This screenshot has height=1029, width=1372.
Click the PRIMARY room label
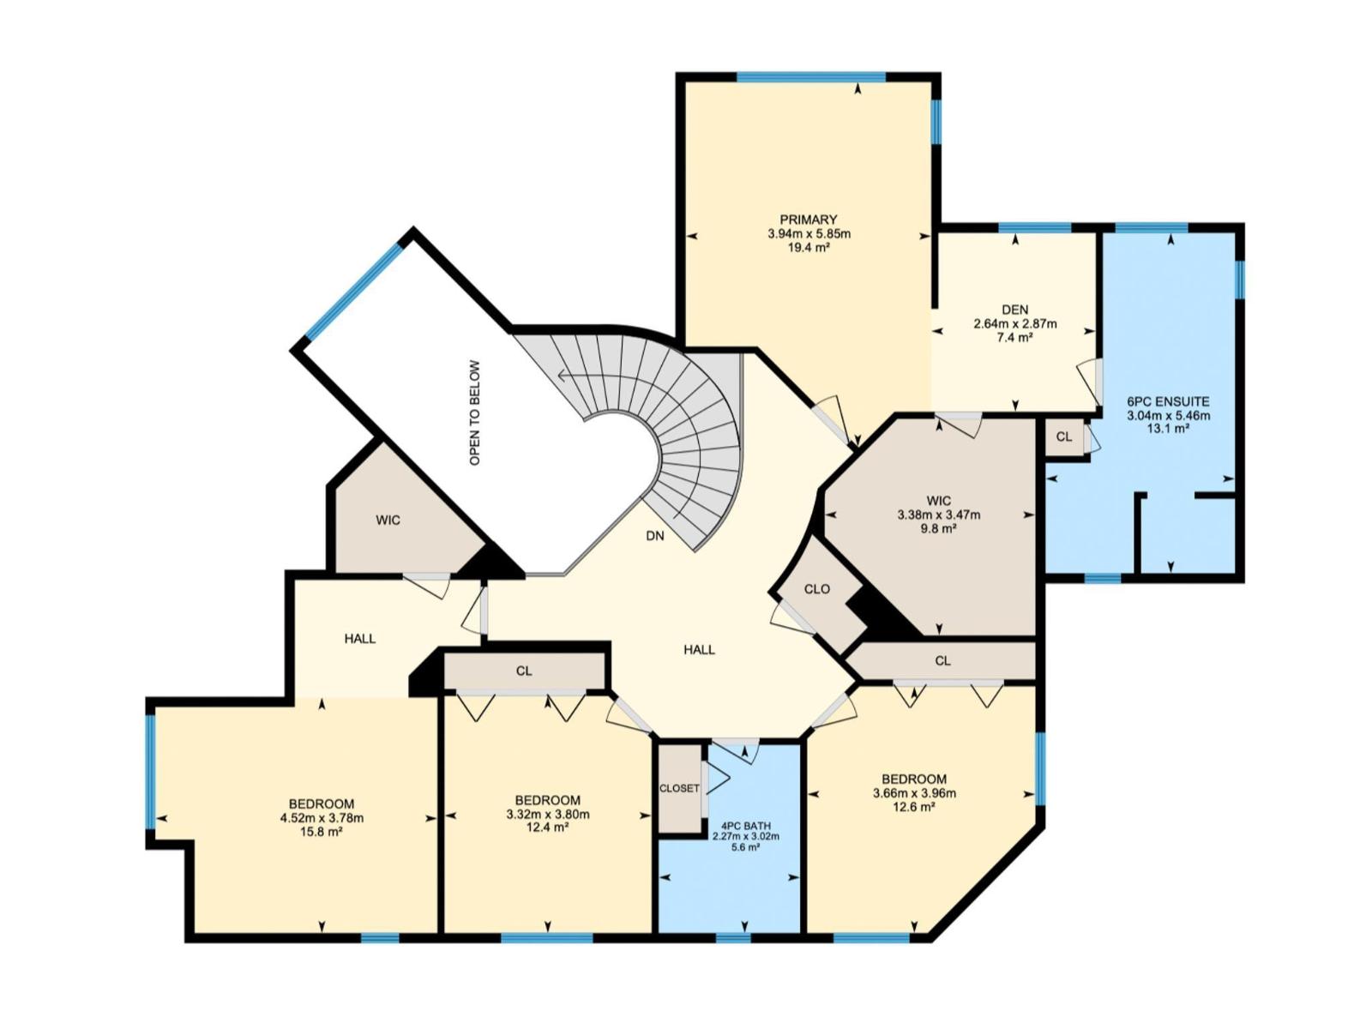click(x=808, y=220)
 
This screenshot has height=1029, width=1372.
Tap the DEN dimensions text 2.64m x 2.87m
click(x=1014, y=324)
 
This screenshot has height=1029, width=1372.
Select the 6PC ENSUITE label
click(x=1168, y=401)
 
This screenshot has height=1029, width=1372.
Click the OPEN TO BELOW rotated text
click(x=475, y=412)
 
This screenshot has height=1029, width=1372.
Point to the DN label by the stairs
click(x=654, y=536)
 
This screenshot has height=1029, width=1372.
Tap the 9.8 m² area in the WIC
click(x=938, y=529)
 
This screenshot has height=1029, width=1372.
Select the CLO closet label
click(x=816, y=589)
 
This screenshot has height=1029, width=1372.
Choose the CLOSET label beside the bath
click(x=679, y=788)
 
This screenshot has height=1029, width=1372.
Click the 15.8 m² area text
click(x=321, y=831)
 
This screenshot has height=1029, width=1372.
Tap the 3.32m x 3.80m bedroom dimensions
click(x=547, y=814)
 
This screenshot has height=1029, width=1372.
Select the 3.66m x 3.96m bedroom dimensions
click(x=914, y=793)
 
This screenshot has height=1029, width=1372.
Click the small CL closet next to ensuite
click(x=1063, y=436)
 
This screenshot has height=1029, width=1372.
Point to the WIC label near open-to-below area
click(x=388, y=521)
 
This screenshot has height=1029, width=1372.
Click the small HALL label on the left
click(x=359, y=639)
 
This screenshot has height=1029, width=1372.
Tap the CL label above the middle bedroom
click(x=524, y=671)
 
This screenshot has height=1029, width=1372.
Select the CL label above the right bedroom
click(x=942, y=660)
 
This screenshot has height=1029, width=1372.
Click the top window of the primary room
click(x=810, y=77)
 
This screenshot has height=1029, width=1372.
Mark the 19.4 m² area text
click(x=809, y=247)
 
